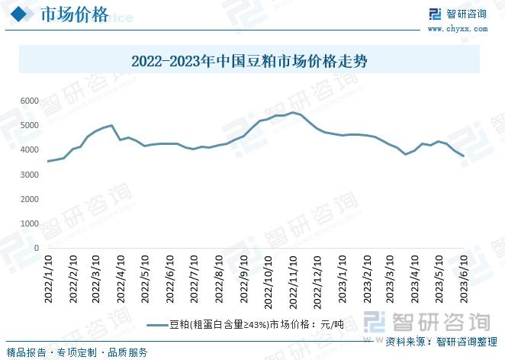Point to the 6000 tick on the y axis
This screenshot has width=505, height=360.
pyautogui.click(x=29, y=101)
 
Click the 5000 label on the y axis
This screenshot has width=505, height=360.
pyautogui.click(x=29, y=125)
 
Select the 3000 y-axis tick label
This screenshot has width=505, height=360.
pyautogui.click(x=29, y=175)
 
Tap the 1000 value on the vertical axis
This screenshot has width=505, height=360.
pyautogui.click(x=29, y=223)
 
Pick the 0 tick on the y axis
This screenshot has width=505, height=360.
pyautogui.click(x=36, y=248)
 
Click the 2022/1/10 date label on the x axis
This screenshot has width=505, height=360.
pyautogui.click(x=49, y=281)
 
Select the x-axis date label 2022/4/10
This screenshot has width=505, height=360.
pyautogui.click(x=121, y=281)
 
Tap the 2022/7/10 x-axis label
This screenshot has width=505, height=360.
pyautogui.click(x=194, y=281)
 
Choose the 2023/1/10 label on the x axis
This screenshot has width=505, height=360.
pyautogui.click(x=341, y=281)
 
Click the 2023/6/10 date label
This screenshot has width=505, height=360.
pyautogui.click(x=463, y=281)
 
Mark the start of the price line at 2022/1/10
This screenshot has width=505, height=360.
pyautogui.click(x=49, y=161)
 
